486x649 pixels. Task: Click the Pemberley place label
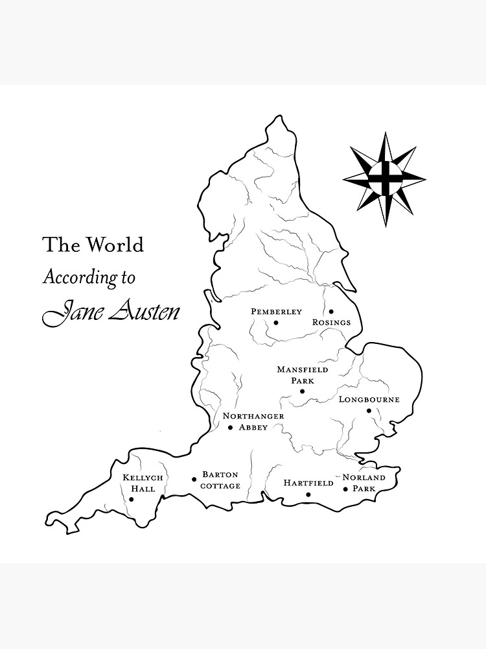(x=276, y=312)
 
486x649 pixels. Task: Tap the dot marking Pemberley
(x=276, y=323)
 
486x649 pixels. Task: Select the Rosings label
(x=331, y=322)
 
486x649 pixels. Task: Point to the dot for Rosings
(x=331, y=312)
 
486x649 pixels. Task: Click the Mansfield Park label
(x=303, y=374)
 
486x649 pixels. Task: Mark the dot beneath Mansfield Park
(x=302, y=391)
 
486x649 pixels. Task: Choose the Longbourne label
(x=369, y=399)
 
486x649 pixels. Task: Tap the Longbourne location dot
(x=369, y=410)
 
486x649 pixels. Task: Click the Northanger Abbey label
(x=253, y=421)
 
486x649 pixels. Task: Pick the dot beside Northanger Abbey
(x=230, y=427)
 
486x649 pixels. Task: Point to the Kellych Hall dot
(x=132, y=499)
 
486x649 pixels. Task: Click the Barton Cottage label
(x=220, y=480)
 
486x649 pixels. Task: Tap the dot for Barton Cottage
(x=194, y=480)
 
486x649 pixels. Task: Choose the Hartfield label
(x=308, y=483)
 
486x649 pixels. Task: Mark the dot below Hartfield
(x=308, y=495)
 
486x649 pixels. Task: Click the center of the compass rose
(x=384, y=178)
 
